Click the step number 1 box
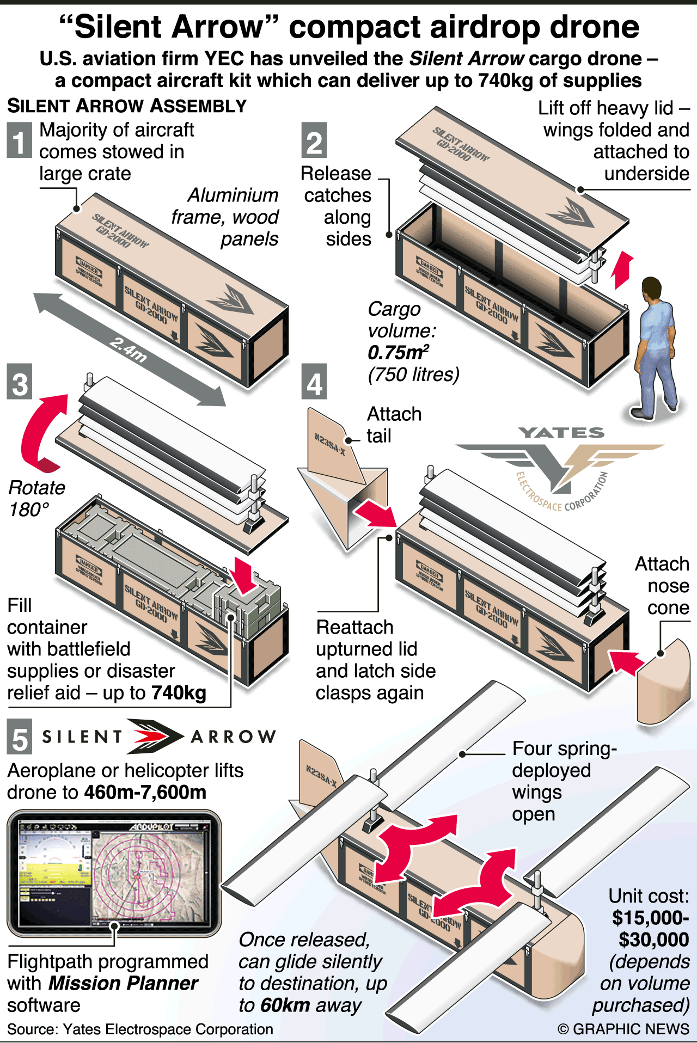pyautogui.click(x=19, y=140)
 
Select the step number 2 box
pyautogui.click(x=314, y=140)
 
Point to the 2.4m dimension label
pyautogui.click(x=129, y=350)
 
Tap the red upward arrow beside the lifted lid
pyautogui.click(x=622, y=270)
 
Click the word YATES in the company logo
pyautogui.click(x=561, y=433)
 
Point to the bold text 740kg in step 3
pyautogui.click(x=179, y=693)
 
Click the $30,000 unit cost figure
pyautogui.click(x=653, y=940)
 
